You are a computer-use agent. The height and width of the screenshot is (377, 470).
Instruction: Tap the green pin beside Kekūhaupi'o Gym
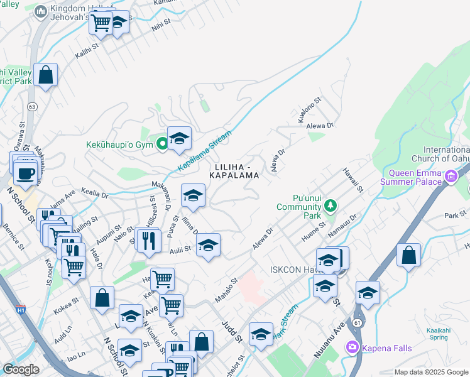click(x=162, y=145)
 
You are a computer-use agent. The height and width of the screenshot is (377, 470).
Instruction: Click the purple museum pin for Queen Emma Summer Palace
click(x=451, y=178)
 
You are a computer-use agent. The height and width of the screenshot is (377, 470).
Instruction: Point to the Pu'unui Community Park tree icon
click(x=329, y=206)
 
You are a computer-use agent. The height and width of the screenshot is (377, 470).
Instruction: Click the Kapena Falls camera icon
click(x=351, y=347)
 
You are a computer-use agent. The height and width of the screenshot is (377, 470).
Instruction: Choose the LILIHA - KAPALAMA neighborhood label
click(x=236, y=171)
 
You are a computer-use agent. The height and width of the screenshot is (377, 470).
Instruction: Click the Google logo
click(x=21, y=370)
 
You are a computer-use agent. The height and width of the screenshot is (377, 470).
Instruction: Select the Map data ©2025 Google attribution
click(x=431, y=372)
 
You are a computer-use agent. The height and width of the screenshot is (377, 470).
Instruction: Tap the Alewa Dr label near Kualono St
click(x=320, y=126)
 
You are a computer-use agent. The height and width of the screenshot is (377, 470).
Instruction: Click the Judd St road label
click(x=232, y=330)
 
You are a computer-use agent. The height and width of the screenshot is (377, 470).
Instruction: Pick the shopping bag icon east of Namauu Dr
click(x=408, y=255)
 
